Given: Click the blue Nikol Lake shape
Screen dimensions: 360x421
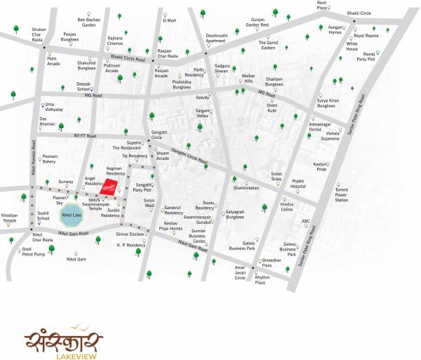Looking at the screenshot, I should click(70, 217).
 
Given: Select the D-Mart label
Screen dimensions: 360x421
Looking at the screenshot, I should click(169, 21).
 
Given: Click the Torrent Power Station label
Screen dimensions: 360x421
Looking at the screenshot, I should click(341, 195).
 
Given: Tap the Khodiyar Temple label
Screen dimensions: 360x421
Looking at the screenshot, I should click(9, 218).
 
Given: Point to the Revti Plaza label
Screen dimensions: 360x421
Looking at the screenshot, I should click(342, 6).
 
